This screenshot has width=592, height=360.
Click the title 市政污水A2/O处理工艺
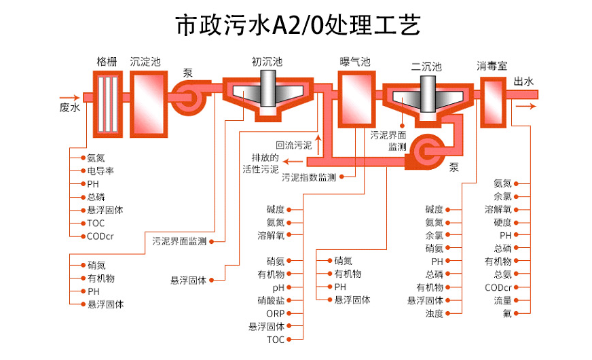pos(297,26)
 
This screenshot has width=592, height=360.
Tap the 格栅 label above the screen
pos(107,61)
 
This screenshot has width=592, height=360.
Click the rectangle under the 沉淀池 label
pos(145,96)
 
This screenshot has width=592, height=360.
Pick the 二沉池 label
pos(426,67)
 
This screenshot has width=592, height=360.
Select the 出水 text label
pos(523,82)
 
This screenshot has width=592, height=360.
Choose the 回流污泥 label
pos(293,145)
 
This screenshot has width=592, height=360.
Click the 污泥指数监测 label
pos(308,177)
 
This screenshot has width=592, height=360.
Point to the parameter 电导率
pos(100,170)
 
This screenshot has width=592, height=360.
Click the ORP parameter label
pos(275,313)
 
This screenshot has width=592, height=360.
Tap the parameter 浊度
pos(434,313)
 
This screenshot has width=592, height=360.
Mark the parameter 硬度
pos(502,222)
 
